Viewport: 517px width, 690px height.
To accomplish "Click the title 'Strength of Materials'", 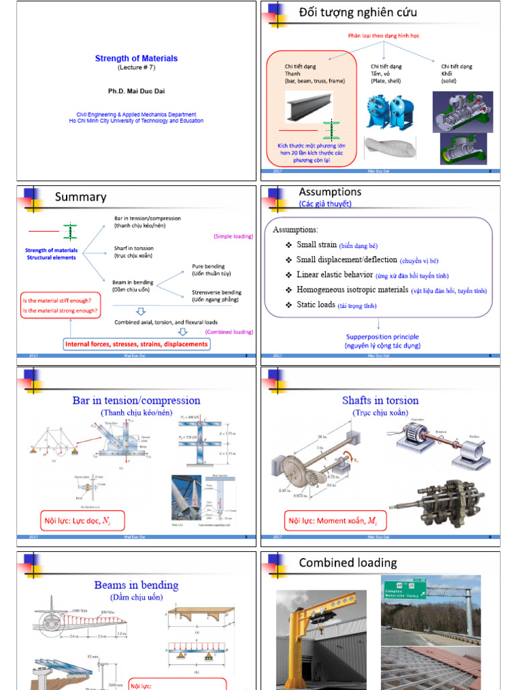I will pyautogui.click(x=136, y=59).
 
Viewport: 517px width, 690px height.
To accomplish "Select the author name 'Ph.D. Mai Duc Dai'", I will pyautogui.click(x=136, y=90).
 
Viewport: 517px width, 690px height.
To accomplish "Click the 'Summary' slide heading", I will pyautogui.click(x=80, y=197).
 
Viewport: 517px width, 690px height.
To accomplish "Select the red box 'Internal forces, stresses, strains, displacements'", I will pyautogui.click(x=136, y=344).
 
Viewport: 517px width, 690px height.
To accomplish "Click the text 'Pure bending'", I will pyautogui.click(x=208, y=266).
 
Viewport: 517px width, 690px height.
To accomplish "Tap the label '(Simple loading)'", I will pyautogui.click(x=233, y=237).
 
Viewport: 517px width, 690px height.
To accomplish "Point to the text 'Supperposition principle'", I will pyautogui.click(x=382, y=337).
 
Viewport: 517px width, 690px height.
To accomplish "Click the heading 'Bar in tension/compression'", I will pyautogui.click(x=136, y=401).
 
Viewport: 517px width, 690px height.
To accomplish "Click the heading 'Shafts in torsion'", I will pyautogui.click(x=380, y=401).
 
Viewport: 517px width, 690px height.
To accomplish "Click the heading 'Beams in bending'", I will pyautogui.click(x=136, y=585).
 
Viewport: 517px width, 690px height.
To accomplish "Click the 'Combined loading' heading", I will pyautogui.click(x=347, y=563).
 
